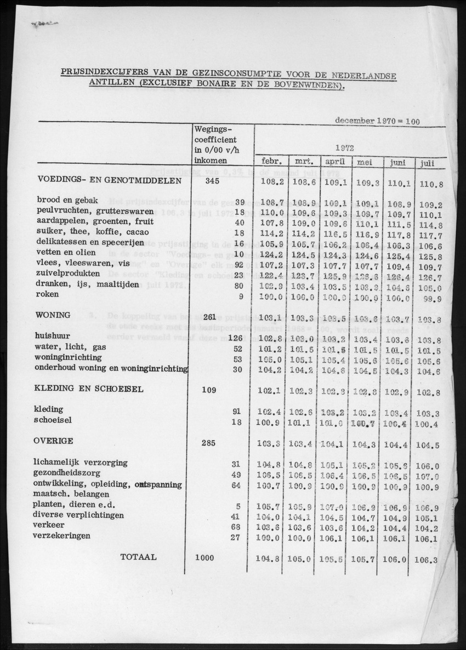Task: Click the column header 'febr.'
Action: point(271,162)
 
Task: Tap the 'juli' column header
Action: point(428,163)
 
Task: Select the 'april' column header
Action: point(335,162)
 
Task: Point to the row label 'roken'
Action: point(48,294)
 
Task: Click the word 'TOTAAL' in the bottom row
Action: point(139,557)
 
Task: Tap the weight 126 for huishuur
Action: point(235,338)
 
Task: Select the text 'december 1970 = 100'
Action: point(378,121)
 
